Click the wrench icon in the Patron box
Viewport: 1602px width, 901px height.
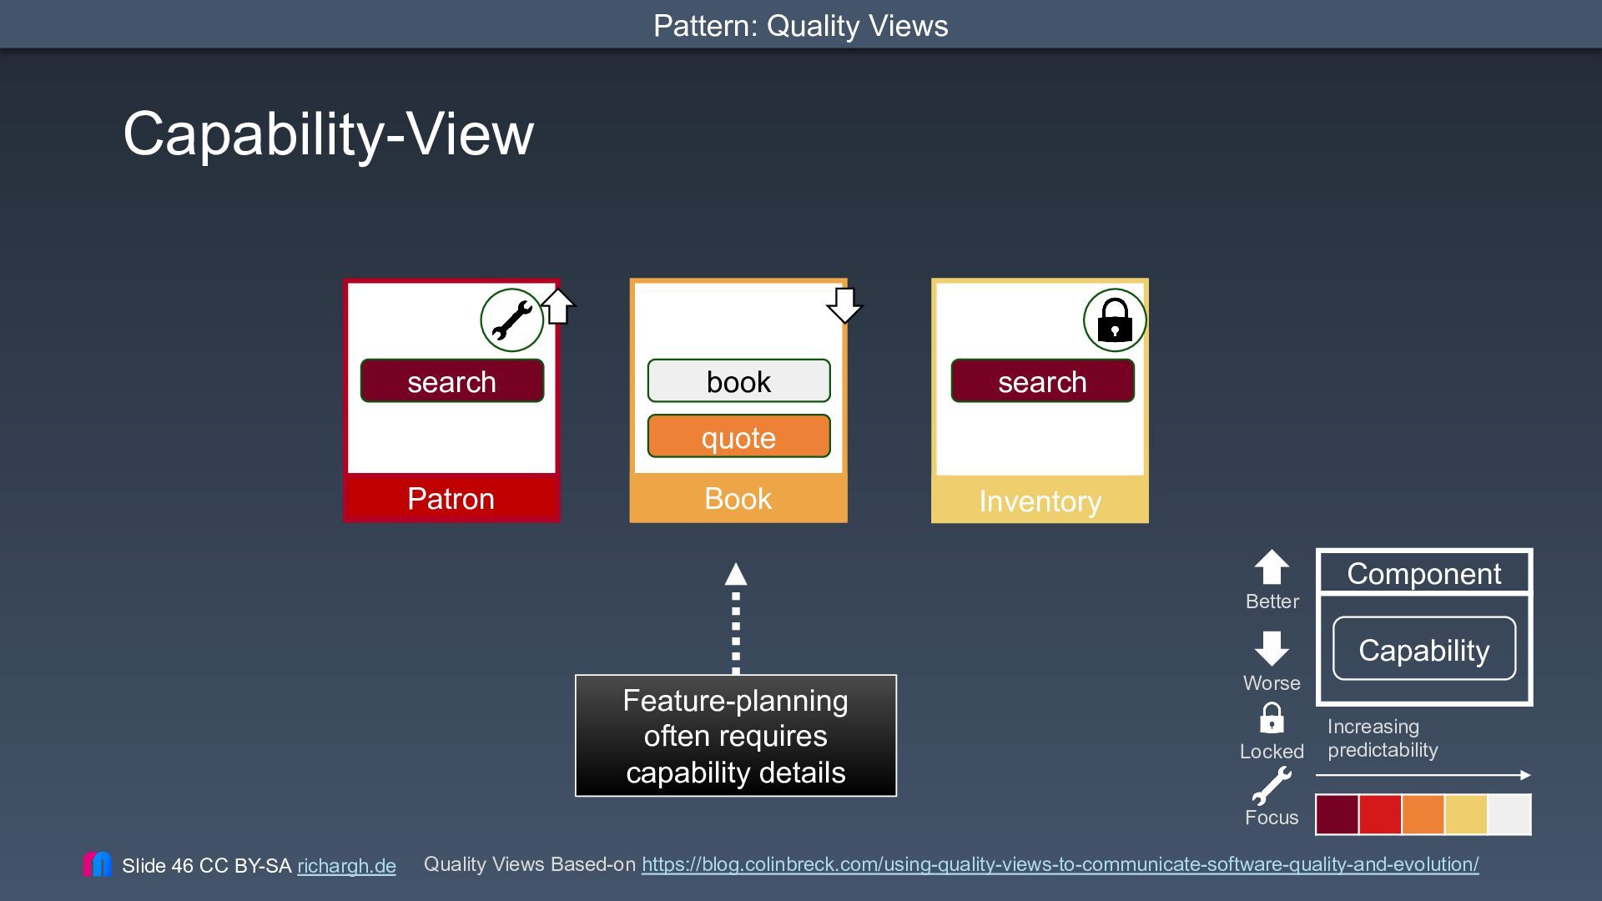point(511,320)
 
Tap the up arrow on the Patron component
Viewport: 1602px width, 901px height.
point(558,306)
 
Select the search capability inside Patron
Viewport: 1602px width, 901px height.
point(452,381)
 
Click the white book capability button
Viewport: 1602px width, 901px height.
point(738,381)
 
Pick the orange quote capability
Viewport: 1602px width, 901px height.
point(738,436)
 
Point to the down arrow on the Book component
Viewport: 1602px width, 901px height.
point(844,305)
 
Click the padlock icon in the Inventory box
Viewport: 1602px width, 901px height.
point(1115,320)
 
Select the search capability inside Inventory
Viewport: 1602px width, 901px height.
point(1042,381)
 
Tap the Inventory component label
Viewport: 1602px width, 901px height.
point(1040,501)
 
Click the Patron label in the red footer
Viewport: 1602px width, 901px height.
point(451,498)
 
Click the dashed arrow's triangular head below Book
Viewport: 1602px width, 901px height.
point(736,574)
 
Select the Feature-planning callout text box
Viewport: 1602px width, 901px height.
point(736,736)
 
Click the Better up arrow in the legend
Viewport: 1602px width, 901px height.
point(1272,567)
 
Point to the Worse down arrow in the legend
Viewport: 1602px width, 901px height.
point(1272,648)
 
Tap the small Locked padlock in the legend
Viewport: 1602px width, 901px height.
point(1272,718)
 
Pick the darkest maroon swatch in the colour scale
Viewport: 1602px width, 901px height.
point(1337,814)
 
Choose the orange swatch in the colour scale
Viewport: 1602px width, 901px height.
point(1423,814)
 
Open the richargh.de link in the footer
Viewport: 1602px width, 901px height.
point(346,866)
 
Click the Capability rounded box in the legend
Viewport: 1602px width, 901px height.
point(1424,649)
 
